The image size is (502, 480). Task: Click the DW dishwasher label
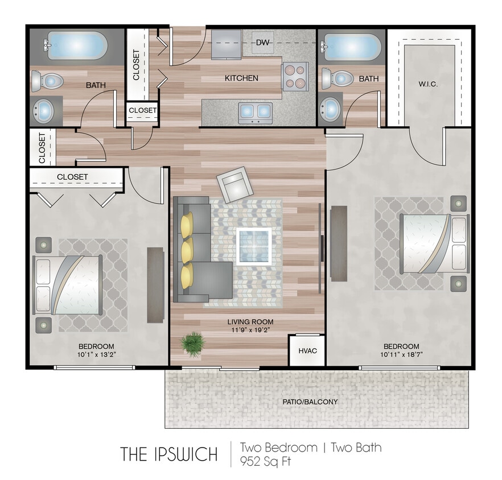point(262,43)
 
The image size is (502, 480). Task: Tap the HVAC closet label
point(304,350)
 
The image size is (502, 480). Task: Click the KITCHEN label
point(241,78)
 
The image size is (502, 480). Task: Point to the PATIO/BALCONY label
point(310,402)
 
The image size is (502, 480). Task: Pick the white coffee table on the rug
point(253,246)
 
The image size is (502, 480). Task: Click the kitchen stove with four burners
point(294,76)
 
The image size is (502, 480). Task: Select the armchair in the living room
point(233,184)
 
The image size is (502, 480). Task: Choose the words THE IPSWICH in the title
point(168,454)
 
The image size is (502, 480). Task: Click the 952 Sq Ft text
point(265,461)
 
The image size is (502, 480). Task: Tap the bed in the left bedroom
point(68,284)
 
